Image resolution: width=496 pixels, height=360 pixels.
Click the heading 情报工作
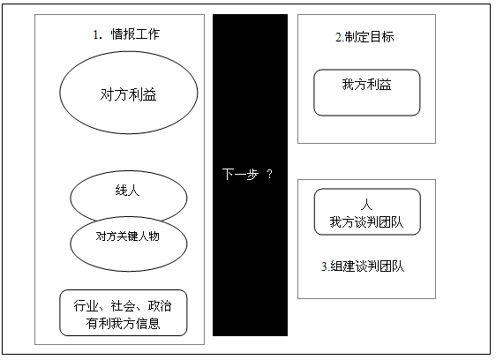pyautogui.click(x=135, y=34)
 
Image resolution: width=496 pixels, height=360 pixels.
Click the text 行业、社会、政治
pyautogui.click(x=123, y=306)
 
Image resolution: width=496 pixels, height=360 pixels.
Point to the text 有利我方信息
pyautogui.click(x=123, y=323)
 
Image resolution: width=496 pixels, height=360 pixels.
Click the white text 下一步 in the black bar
pyautogui.click(x=240, y=174)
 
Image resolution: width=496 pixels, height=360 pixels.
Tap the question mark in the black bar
pyautogui.click(x=269, y=174)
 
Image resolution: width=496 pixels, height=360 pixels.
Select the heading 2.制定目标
pyautogui.click(x=364, y=37)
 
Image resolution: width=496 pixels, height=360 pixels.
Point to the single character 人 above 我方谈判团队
pyautogui.click(x=366, y=205)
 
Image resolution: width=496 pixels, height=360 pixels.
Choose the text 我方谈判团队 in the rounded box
pyautogui.click(x=366, y=221)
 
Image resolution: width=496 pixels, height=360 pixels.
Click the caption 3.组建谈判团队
pyautogui.click(x=363, y=266)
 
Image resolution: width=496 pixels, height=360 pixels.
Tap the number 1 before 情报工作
pyautogui.click(x=96, y=34)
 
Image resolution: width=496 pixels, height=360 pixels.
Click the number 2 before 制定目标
pyautogui.click(x=338, y=37)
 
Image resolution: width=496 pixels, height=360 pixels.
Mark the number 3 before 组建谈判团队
pyautogui.click(x=324, y=266)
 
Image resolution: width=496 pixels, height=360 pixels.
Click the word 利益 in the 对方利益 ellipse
pyautogui.click(x=144, y=94)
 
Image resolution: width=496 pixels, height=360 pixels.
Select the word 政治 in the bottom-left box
pyautogui.click(x=160, y=306)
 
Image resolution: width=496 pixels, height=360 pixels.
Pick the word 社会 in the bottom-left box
pyautogui.click(x=123, y=306)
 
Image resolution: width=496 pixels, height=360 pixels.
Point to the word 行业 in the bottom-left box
pyautogui.click(x=86, y=306)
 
